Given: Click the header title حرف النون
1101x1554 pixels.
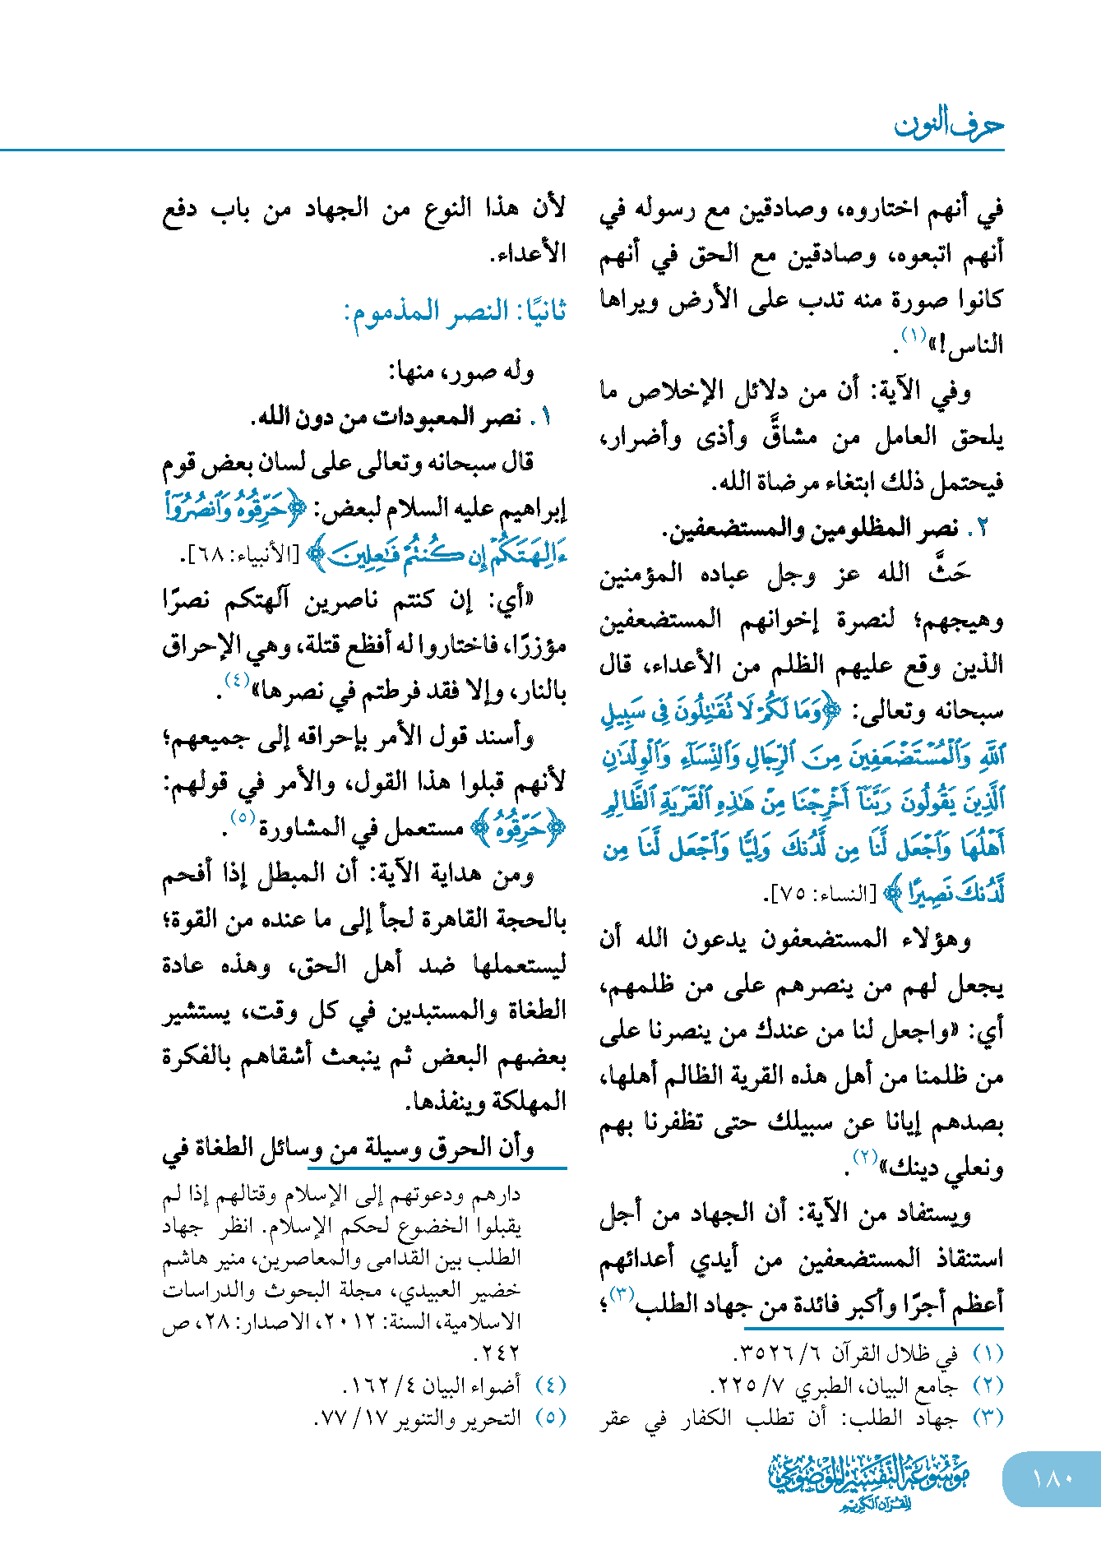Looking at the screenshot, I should tap(949, 125).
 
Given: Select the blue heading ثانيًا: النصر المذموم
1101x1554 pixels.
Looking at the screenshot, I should tap(456, 312).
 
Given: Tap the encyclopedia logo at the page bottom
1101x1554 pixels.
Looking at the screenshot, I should tap(868, 1481).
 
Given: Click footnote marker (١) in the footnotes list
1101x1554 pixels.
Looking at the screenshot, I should tap(988, 1353).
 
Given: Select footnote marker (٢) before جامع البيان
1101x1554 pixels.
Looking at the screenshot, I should tap(988, 1385).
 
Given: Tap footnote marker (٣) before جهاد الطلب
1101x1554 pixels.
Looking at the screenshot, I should tap(988, 1418).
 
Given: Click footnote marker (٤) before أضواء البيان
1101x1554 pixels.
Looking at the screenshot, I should tap(550, 1385).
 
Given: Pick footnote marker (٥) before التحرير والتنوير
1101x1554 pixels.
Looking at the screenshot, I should tap(550, 1418).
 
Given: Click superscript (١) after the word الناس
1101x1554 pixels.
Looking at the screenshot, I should tap(914, 335).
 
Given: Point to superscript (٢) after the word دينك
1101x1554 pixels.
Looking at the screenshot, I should tap(865, 1158).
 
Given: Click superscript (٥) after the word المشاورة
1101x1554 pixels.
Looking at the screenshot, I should tap(243, 818).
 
